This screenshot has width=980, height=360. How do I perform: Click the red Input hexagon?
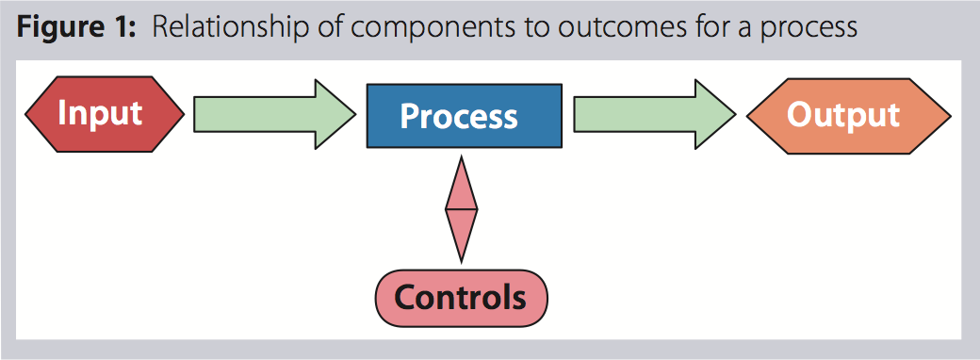coord(105,114)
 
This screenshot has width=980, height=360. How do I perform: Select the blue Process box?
coord(464,116)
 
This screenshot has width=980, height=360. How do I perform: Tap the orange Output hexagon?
coord(849,116)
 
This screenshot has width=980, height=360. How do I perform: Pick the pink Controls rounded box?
coord(461,298)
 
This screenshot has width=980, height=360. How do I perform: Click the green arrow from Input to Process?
coord(275,114)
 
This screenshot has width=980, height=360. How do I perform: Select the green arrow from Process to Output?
coord(655,114)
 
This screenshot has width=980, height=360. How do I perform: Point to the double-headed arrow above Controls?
coord(461,209)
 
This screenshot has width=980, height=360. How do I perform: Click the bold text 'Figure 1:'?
coord(75,28)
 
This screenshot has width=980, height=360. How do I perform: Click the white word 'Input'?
coord(100,115)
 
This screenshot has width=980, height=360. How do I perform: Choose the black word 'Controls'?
coord(460,298)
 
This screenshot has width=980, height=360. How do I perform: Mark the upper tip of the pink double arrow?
coord(461,155)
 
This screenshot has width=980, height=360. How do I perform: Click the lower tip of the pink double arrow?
coord(461,263)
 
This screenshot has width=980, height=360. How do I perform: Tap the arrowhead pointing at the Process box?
coord(335,114)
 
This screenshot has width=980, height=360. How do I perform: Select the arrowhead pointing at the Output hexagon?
coord(716,114)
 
